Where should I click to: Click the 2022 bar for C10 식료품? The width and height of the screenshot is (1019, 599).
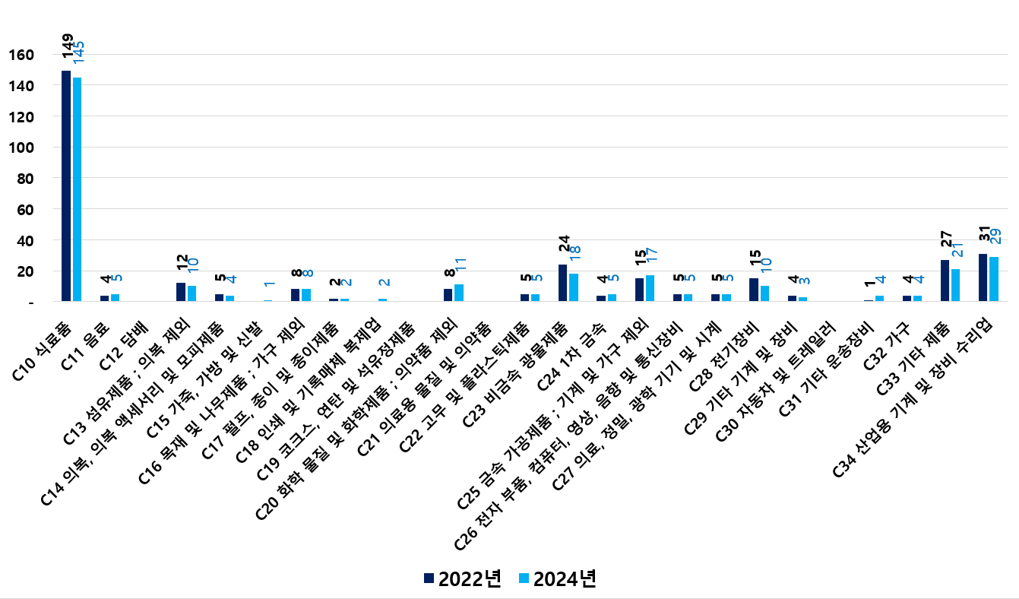click(66, 186)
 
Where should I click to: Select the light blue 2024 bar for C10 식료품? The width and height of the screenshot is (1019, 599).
click(77, 189)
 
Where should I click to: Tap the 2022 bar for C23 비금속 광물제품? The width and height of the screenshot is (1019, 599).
click(563, 283)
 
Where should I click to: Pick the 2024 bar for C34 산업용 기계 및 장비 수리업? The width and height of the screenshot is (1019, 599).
click(994, 279)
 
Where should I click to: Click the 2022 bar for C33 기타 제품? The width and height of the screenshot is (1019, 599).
click(945, 280)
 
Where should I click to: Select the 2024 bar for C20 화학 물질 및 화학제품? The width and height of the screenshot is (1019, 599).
click(459, 293)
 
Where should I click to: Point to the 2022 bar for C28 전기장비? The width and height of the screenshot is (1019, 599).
click(754, 290)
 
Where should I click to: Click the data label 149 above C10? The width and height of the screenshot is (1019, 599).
click(68, 47)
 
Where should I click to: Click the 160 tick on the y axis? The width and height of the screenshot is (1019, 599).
click(22, 55)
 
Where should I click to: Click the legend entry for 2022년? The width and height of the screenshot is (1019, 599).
click(463, 578)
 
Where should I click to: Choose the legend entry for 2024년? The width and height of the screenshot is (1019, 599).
click(557, 578)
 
